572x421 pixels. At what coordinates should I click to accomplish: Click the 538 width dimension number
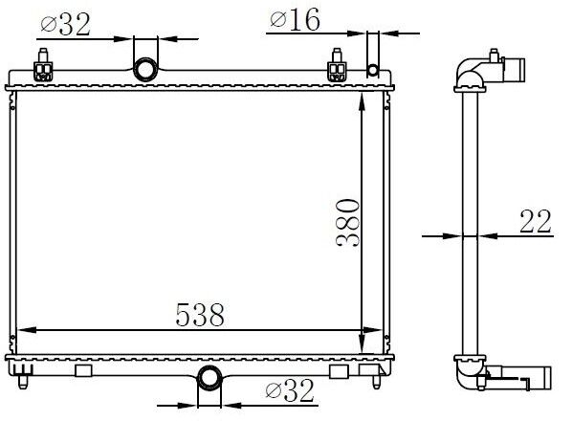pos(200,315)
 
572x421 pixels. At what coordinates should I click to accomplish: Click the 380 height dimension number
pos(348,223)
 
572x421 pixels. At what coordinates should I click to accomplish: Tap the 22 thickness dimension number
pos(535,221)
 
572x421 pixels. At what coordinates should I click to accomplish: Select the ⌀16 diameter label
pos(296,19)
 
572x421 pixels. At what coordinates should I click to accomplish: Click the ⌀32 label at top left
pos(66,25)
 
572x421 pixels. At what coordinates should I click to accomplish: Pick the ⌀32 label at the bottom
pos(290,390)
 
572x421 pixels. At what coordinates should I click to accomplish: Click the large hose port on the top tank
pos(145,69)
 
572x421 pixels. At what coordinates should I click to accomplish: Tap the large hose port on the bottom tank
pos(209,378)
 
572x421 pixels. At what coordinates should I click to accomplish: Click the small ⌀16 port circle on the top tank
pos(372,70)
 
